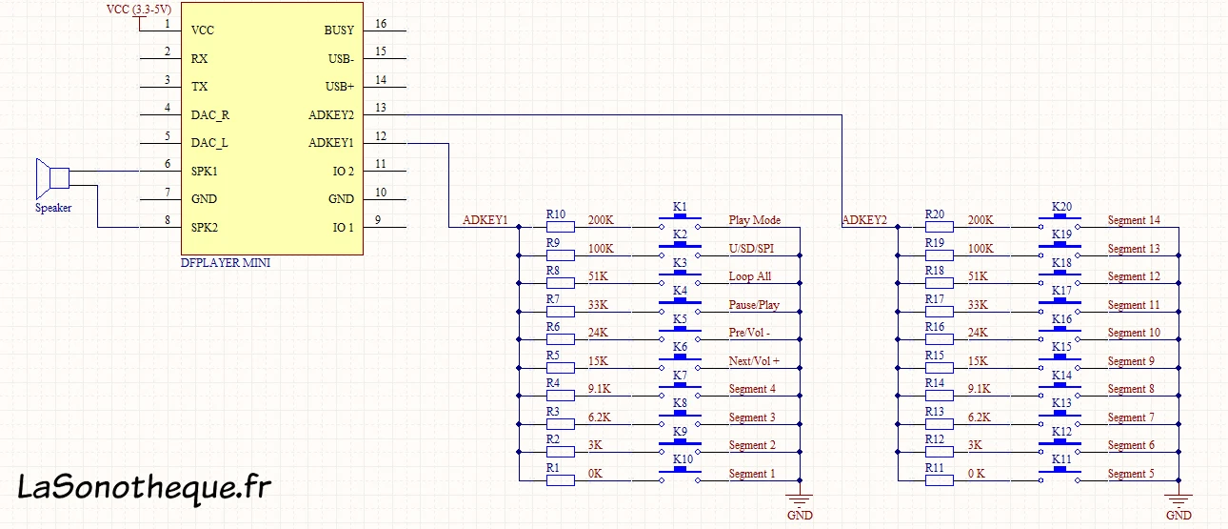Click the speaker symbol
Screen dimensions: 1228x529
[x=52, y=179]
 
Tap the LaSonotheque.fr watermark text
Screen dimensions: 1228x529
[x=144, y=487]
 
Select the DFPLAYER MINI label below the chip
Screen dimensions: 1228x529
[x=226, y=263]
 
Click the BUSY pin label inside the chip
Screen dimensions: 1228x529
[x=339, y=31]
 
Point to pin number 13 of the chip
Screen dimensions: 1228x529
[x=381, y=108]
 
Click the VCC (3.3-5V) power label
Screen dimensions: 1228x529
[x=139, y=10]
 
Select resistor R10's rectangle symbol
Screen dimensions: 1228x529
[x=561, y=227]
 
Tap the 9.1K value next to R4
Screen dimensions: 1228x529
[x=599, y=389]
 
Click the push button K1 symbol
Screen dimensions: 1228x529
[x=680, y=222]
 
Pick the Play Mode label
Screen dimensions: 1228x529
[x=754, y=220]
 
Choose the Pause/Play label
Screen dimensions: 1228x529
[x=754, y=305]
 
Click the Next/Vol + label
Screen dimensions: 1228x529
[x=754, y=361]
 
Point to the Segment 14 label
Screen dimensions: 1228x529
[x=1134, y=220]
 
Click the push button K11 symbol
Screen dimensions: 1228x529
[x=1060, y=476]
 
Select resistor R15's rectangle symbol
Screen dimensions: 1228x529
[x=940, y=368]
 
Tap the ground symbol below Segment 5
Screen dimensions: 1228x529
[x=1178, y=499]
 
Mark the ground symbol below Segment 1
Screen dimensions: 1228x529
[x=800, y=499]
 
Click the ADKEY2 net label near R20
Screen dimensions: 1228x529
[x=864, y=220]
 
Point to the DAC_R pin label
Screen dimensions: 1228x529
[x=210, y=115]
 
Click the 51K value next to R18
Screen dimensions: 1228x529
[x=978, y=276]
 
